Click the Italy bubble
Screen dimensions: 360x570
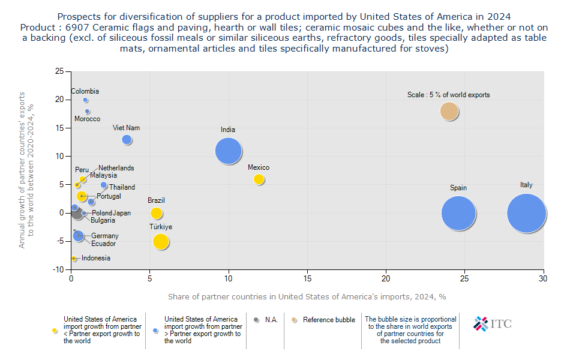point(526,213)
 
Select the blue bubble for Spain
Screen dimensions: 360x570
point(458,213)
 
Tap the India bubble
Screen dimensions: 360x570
point(228,151)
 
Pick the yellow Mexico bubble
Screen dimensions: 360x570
point(259,179)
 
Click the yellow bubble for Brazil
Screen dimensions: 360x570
point(157,213)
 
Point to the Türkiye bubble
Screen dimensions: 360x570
point(161,241)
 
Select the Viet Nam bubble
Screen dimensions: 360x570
point(127,140)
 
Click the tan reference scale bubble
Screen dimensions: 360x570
point(449,111)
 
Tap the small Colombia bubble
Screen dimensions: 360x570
point(86,100)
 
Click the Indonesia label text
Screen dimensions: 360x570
point(96,258)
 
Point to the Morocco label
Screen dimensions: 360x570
point(88,119)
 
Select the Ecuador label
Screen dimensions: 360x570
point(104,244)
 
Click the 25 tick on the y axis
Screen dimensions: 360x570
point(59,71)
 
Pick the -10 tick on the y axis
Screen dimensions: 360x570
point(58,270)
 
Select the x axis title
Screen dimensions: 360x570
point(307,296)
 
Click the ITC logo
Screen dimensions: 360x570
point(492,323)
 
